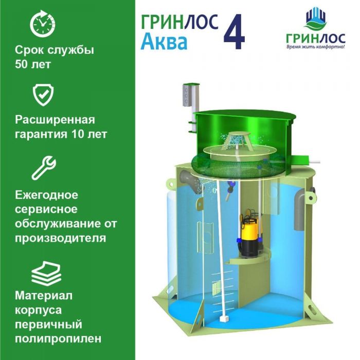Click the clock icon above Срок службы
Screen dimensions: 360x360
tap(43, 24)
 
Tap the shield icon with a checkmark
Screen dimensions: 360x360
tap(43, 95)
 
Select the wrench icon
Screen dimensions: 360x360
tap(44, 168)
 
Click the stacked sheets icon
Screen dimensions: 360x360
tap(46, 274)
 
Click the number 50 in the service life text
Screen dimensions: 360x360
tap(22, 64)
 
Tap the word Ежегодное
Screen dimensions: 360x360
tap(47, 195)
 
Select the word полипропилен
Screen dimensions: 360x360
tap(58, 339)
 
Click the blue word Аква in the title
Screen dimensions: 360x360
tap(164, 42)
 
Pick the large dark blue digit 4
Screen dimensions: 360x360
tap(234, 31)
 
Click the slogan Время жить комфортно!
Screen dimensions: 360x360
tap(316, 47)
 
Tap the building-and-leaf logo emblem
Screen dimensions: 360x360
tap(316, 19)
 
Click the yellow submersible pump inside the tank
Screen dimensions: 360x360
tap(249, 233)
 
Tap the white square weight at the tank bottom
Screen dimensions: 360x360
tap(223, 319)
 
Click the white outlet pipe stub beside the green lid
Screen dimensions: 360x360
tap(314, 162)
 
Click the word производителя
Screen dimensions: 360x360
tap(61, 238)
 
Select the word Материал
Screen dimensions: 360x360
tap(44, 296)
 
